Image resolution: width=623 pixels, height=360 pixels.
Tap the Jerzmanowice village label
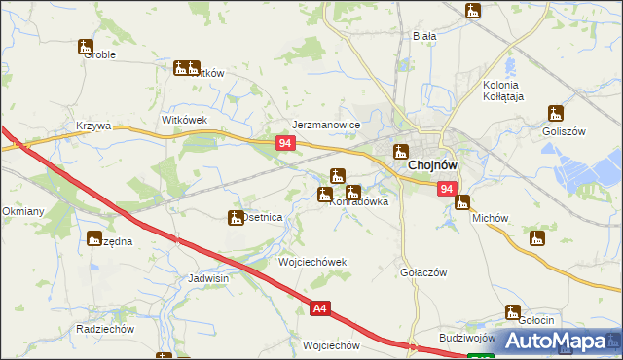tap(327, 126)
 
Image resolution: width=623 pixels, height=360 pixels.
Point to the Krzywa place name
tap(94, 126)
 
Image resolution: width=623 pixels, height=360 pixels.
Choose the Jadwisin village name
tap(208, 277)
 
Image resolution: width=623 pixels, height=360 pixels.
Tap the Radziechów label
tap(104, 329)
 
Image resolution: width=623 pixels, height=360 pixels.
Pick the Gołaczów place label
tap(423, 272)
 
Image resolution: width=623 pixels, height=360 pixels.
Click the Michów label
tap(491, 219)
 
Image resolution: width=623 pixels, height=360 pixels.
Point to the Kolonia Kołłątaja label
tap(504, 90)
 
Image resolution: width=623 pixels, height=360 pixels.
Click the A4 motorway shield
tap(320, 309)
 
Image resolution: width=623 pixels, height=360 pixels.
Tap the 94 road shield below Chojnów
tap(446, 189)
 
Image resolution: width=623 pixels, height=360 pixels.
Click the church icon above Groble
tap(86, 46)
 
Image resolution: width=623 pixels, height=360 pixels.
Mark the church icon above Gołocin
tap(512, 312)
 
